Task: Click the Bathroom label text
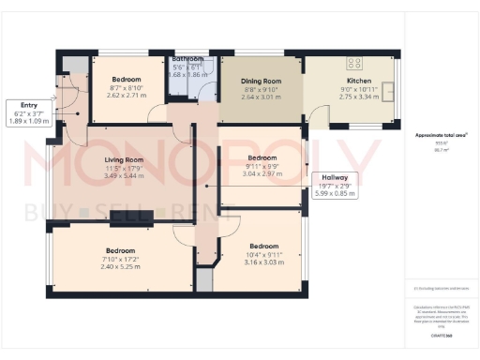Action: click(x=187, y=58)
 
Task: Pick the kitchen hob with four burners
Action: click(x=355, y=64)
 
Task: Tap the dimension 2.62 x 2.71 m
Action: click(x=127, y=96)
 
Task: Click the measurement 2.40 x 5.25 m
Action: click(x=121, y=266)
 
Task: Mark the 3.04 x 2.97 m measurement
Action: click(x=262, y=174)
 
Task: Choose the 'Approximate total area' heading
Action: click(x=442, y=135)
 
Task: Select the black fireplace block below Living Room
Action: click(x=130, y=218)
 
